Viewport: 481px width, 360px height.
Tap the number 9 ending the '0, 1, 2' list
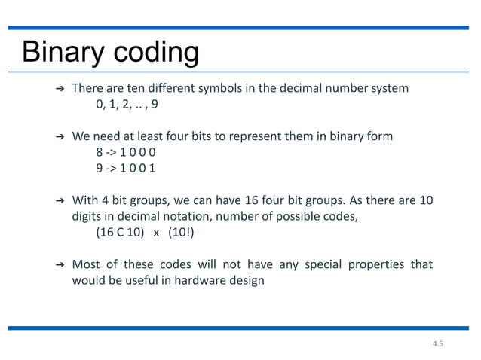click(155, 105)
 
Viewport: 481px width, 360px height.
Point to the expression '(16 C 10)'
click(119, 233)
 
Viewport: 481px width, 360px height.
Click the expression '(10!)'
click(181, 233)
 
